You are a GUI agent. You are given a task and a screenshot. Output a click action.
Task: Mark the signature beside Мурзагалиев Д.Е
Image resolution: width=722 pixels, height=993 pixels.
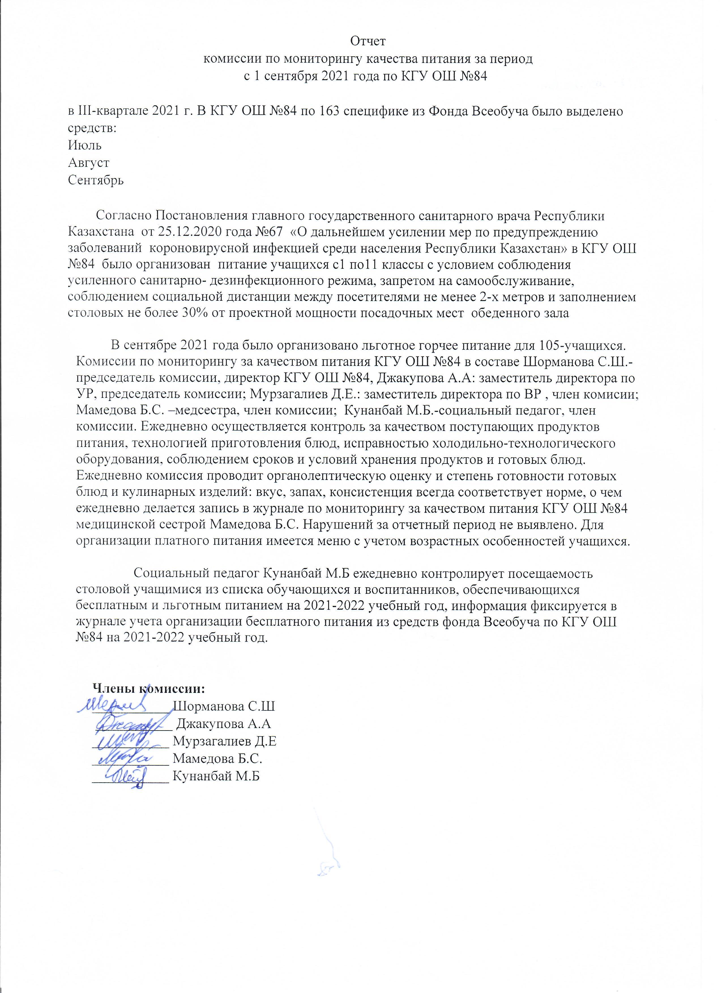[123, 740]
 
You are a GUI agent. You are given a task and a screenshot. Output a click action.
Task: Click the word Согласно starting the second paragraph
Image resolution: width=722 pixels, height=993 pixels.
[124, 216]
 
